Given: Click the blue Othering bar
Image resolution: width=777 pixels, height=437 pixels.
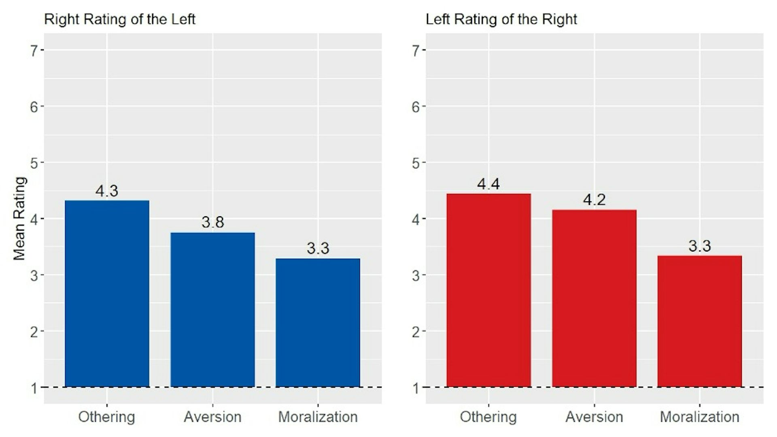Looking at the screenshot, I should (107, 294).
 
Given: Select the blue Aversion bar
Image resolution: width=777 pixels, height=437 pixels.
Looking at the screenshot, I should (212, 310).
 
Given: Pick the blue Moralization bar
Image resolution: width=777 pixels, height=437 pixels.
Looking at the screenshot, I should (318, 323).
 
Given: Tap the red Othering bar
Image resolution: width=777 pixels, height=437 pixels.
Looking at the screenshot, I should (488, 290).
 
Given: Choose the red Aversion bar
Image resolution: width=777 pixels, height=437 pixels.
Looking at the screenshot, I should (594, 298).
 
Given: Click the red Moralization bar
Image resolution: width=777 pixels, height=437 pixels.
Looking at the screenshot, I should (699, 321).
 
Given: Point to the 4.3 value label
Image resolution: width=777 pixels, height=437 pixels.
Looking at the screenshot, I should (107, 191).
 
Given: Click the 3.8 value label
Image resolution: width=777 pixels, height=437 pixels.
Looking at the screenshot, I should (212, 222).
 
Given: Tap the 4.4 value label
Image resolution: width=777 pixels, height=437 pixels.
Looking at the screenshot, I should (488, 184).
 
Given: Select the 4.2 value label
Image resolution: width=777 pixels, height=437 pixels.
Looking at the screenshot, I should (594, 200).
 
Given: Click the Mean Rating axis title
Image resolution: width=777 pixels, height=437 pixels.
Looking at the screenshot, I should (19, 219).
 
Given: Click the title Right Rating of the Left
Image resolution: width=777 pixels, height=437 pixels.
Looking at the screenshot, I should (119, 19).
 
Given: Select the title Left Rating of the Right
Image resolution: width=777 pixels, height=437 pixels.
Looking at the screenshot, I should (501, 19).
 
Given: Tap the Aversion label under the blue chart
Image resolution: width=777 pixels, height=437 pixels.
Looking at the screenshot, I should (212, 417).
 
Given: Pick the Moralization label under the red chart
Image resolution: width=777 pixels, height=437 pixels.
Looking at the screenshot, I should (699, 417).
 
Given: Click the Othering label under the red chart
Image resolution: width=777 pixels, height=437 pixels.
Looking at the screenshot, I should (488, 417).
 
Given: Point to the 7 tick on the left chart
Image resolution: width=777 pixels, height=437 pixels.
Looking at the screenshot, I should (34, 50).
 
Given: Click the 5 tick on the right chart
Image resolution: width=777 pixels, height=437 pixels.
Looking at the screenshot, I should (416, 163).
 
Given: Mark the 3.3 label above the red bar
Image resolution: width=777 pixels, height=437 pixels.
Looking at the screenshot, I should (699, 246).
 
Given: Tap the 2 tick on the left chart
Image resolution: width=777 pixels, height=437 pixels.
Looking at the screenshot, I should (34, 332).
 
